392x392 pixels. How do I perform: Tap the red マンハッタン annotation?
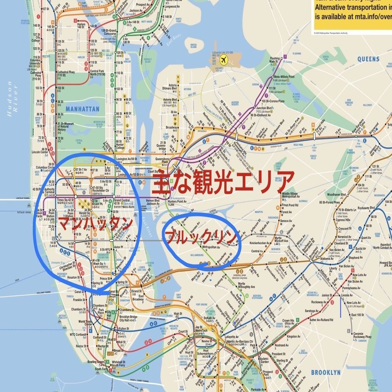pos(95,223)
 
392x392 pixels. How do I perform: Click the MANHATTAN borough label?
pos(82,109)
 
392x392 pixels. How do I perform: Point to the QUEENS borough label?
pos(368,59)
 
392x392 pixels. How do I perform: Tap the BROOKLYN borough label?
pos(325,372)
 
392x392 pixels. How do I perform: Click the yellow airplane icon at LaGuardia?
pos(232,61)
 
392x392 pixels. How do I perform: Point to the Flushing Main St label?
pos(275,60)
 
